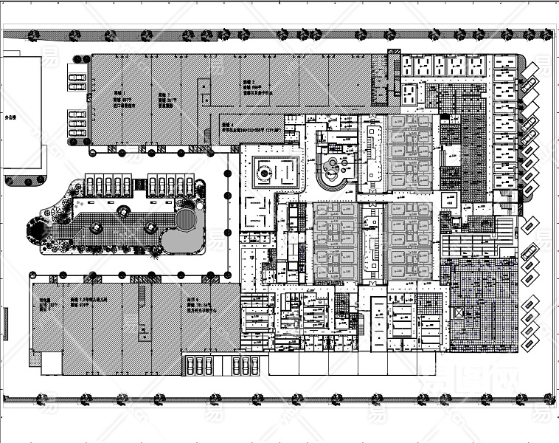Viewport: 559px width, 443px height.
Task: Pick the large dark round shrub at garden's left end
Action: [35, 231]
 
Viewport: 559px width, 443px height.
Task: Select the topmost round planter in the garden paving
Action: [123, 212]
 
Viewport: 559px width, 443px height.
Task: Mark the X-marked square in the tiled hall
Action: [462, 313]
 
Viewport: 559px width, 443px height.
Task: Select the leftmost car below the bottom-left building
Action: [189, 365]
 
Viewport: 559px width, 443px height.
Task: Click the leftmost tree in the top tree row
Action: [33, 34]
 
